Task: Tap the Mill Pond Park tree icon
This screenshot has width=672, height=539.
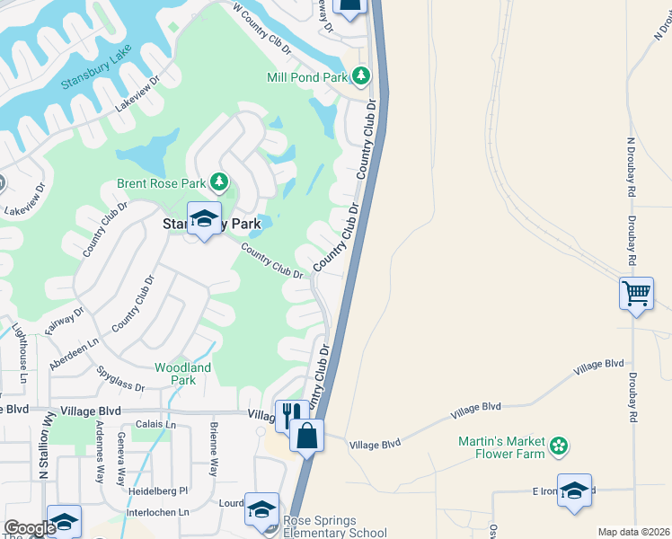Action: coord(361,75)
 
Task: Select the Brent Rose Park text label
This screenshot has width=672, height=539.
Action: coord(162,183)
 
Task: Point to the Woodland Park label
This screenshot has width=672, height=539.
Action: coord(182,374)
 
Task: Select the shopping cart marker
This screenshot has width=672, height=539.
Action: coord(636,292)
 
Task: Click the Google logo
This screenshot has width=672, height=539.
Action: coord(29,529)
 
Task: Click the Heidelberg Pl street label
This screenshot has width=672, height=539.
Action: coord(157,490)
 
